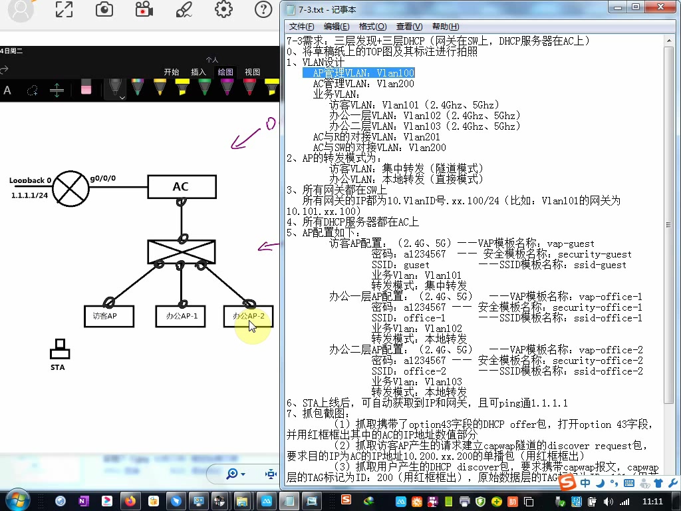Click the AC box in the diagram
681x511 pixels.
pos(182,187)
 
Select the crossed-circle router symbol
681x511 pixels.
pos(70,187)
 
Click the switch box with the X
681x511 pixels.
pos(182,252)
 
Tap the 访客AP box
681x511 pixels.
pos(109,316)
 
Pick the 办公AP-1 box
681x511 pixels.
pos(182,316)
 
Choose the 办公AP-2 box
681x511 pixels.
pos(248,316)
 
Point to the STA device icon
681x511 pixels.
pos(60,349)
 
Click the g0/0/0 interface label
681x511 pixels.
pos(103,178)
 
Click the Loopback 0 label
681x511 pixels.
pos(30,180)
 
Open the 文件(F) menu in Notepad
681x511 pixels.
pos(301,27)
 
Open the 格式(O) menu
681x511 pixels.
pos(372,27)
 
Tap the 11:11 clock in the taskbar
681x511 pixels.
pos(653,501)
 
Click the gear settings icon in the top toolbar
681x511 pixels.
pos(223,9)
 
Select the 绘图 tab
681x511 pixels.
pos(225,72)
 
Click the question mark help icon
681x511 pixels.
pos(263,9)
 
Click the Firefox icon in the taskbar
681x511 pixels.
pos(130,500)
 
